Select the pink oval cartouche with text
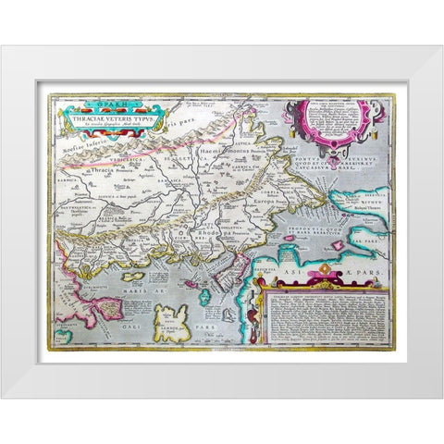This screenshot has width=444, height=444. click(331, 120)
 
